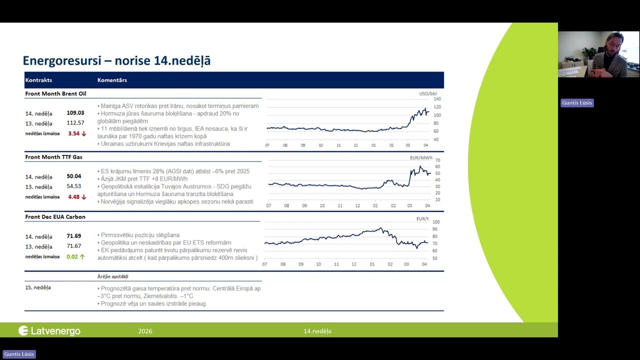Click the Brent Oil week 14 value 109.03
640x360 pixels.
click(75, 113)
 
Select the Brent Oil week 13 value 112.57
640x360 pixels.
click(75, 123)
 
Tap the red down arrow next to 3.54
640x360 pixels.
click(84, 133)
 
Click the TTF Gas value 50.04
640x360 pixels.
click(74, 176)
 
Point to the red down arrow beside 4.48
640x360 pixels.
click(84, 197)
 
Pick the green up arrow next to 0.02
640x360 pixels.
click(82, 256)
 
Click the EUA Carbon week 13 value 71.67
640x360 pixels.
click(74, 246)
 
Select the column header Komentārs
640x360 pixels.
click(112, 80)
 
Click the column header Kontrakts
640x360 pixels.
click(38, 80)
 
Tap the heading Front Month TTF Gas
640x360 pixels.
click(54, 157)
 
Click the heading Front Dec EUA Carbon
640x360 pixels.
click(55, 217)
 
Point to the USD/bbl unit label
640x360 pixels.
click(427, 93)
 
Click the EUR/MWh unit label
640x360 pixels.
click(421, 158)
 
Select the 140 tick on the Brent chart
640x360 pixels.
click(437, 99)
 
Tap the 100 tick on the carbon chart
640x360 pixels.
click(436, 222)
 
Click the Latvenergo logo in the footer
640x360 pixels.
click(49, 330)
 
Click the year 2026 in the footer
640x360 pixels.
click(145, 331)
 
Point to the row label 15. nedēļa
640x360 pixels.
click(38, 287)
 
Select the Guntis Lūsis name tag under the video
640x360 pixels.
click(577, 103)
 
